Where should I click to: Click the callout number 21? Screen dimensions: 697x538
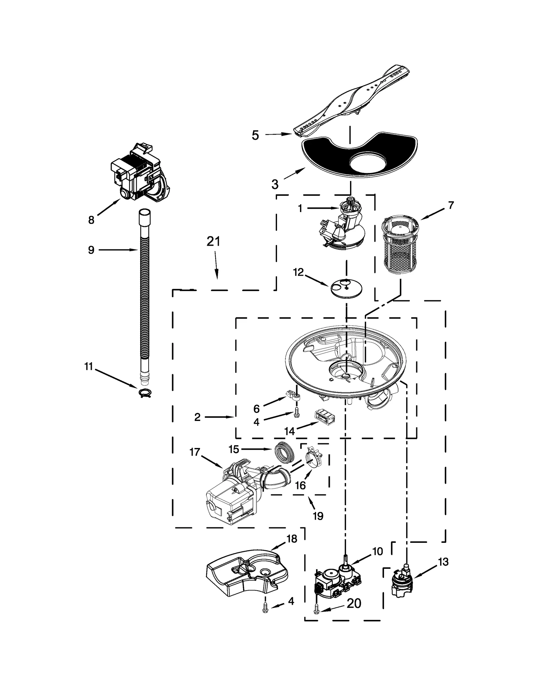click(213, 242)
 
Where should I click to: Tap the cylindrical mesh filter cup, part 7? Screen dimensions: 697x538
click(400, 247)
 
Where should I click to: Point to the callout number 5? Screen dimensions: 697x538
click(256, 135)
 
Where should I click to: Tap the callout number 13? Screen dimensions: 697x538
click(443, 562)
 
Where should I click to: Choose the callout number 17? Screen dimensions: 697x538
click(195, 452)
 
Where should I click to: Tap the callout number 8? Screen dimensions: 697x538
click(91, 220)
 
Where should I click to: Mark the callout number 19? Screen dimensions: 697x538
click(318, 516)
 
